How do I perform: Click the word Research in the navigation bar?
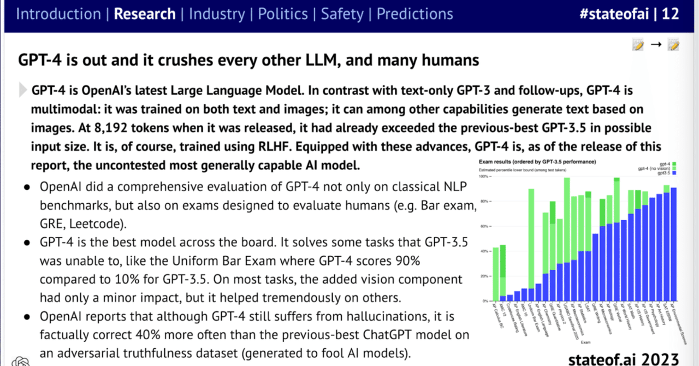click(144, 14)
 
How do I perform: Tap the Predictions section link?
click(415, 14)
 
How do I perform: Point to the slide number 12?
click(670, 14)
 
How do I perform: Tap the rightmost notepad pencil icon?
click(673, 45)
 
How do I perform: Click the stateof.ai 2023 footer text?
click(624, 359)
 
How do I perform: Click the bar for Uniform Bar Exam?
click(531, 246)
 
